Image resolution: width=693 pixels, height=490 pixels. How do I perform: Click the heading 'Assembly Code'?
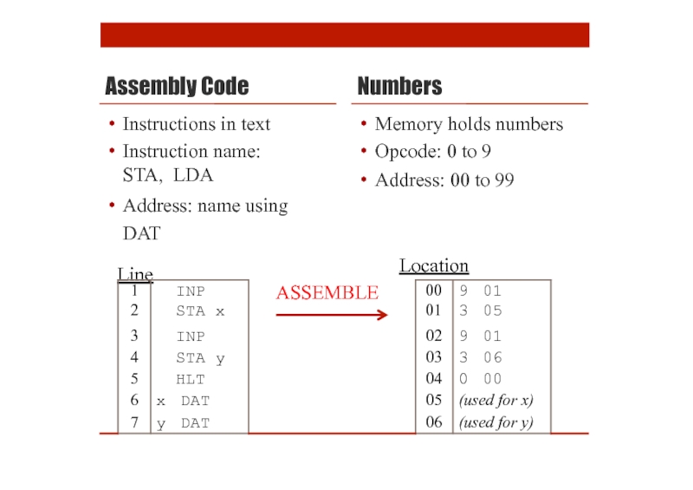coord(177,87)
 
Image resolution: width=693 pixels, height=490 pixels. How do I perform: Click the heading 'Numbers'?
coord(399,87)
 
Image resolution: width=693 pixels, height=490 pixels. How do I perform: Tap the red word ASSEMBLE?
coord(327,293)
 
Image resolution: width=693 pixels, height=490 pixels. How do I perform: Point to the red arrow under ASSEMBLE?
coord(331,315)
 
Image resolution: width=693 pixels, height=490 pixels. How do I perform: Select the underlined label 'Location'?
coord(433,266)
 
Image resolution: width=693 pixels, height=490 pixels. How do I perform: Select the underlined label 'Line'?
coord(135,275)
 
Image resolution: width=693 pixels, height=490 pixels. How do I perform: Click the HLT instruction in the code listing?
coord(191,379)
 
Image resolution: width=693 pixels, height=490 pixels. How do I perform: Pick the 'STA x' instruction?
coord(200,310)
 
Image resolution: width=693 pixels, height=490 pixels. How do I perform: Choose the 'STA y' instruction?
coord(200,357)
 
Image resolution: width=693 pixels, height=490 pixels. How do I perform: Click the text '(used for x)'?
coord(495,401)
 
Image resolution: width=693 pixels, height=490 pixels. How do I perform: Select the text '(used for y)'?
coord(495,423)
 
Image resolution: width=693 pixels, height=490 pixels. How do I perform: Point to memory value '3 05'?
coord(480,310)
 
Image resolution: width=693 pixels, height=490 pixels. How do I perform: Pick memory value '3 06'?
coord(480,357)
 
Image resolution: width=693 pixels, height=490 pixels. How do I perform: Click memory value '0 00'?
coord(480,379)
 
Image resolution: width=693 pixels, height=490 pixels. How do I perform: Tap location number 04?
coord(434,379)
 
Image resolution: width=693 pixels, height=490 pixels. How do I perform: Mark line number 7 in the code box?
coord(134,423)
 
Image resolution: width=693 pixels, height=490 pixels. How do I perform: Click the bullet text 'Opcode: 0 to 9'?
coord(433,153)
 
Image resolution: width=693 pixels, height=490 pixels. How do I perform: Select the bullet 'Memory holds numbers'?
coord(469,125)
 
